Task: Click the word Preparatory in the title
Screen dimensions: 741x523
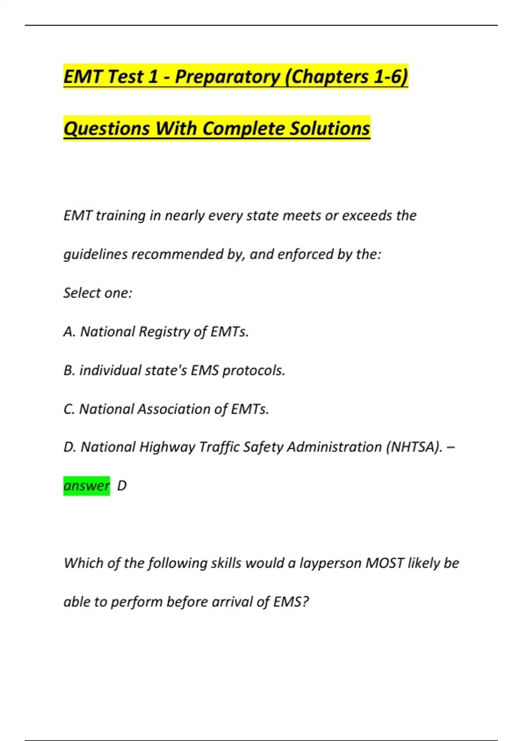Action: (227, 77)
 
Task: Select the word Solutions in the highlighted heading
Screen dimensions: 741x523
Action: (330, 129)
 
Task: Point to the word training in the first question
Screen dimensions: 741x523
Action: (120, 216)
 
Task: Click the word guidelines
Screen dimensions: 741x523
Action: (95, 254)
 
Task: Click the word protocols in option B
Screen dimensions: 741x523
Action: (254, 370)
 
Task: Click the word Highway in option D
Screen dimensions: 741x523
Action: (167, 447)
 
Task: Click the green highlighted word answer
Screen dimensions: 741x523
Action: (86, 486)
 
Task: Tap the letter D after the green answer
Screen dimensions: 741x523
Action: (122, 486)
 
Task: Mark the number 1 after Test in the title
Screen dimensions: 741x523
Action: (153, 77)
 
